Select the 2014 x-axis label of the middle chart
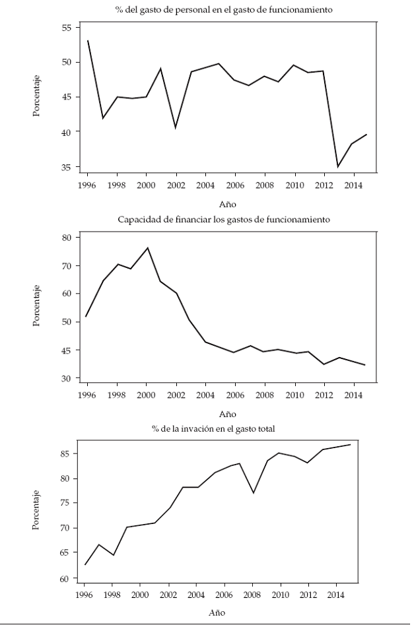[x=354, y=396]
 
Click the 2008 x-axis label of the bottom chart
[x=253, y=595]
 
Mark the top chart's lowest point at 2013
[x=338, y=166]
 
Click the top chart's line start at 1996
[x=88, y=41]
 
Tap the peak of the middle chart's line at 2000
[x=147, y=247]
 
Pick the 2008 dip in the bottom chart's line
[x=253, y=492]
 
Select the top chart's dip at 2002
[x=176, y=127]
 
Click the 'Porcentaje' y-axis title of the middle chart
[x=36, y=305]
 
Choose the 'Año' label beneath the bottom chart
[x=217, y=613]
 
